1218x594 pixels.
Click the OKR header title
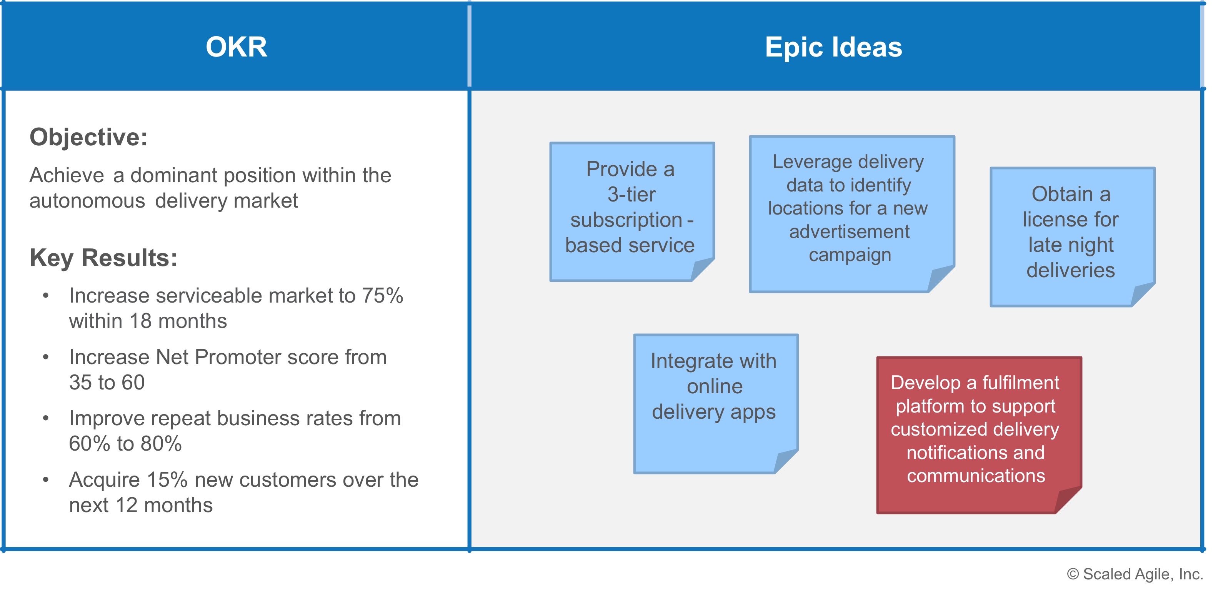pyautogui.click(x=237, y=47)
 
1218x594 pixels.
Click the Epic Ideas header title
pyautogui.click(x=833, y=47)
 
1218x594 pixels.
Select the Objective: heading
pyautogui.click(x=88, y=138)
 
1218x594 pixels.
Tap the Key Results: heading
pyautogui.click(x=103, y=258)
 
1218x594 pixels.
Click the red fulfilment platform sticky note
pyautogui.click(x=979, y=435)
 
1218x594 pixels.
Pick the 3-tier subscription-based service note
pyautogui.click(x=632, y=212)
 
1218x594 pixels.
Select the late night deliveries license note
pyautogui.click(x=1072, y=237)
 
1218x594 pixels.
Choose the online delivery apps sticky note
pyautogui.click(x=716, y=404)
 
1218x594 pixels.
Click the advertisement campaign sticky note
pyautogui.click(x=852, y=214)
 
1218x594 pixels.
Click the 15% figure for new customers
pyautogui.click(x=167, y=480)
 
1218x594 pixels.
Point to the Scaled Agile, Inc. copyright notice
pyautogui.click(x=1135, y=574)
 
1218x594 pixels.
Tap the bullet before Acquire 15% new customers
pyautogui.click(x=46, y=480)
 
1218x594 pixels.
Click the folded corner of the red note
pyautogui.click(x=1068, y=499)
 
